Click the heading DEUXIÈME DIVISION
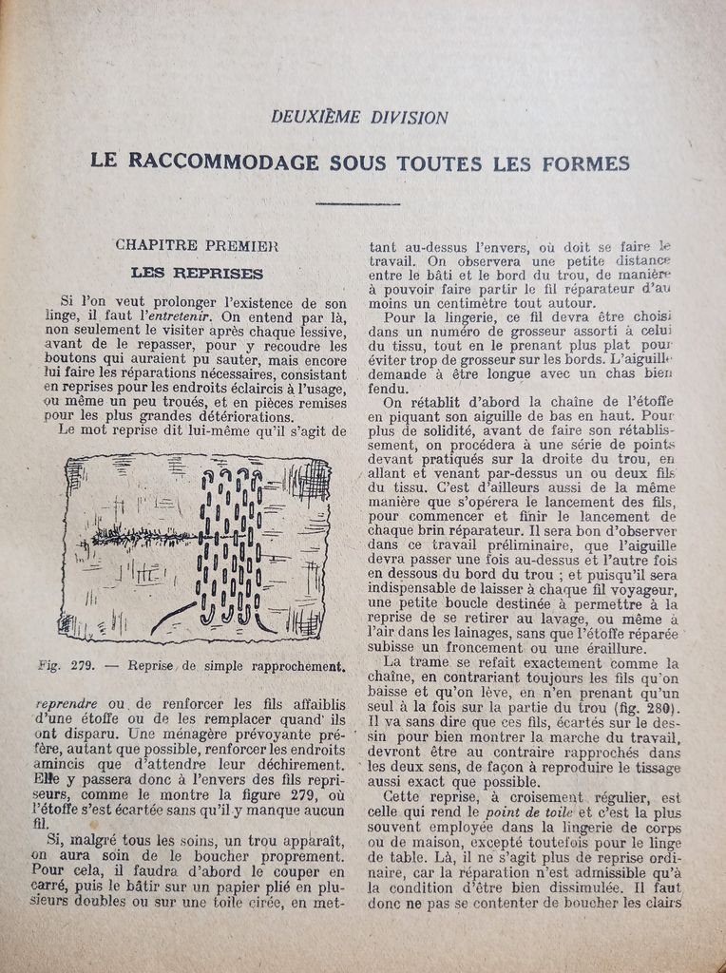pyautogui.click(x=359, y=118)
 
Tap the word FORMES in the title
pyautogui.click(x=585, y=163)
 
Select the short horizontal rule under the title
pyautogui.click(x=357, y=202)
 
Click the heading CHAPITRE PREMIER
pyautogui.click(x=197, y=244)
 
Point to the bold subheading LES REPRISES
pyautogui.click(x=197, y=273)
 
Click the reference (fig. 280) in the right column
pyautogui.click(x=647, y=708)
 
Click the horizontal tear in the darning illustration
pyautogui.click(x=143, y=537)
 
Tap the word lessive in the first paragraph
pyautogui.click(x=320, y=331)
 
